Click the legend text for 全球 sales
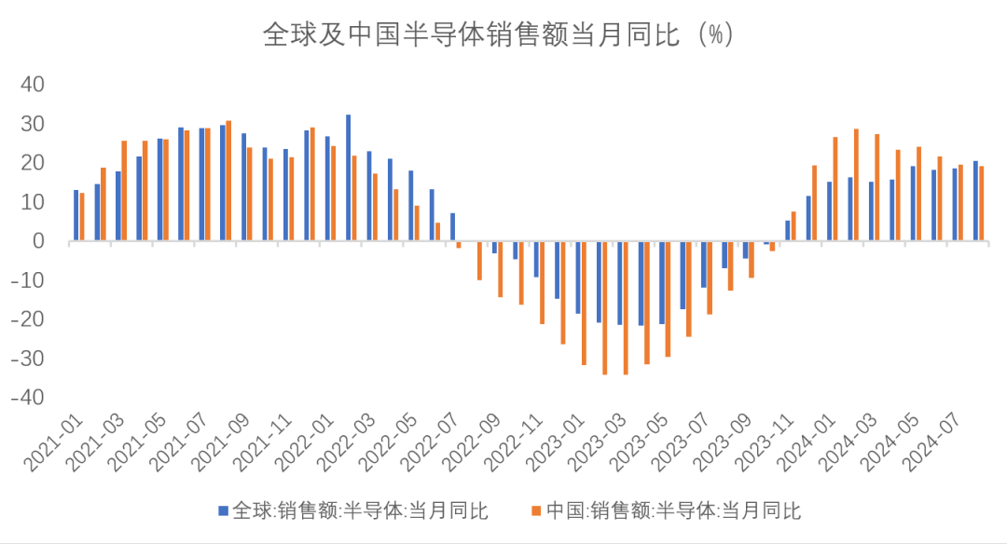point(359,510)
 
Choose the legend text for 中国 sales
point(673,510)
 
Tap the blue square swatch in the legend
point(222,510)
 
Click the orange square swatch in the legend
point(536,510)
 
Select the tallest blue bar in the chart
point(348,178)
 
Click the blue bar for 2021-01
point(76,215)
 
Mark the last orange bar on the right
point(981,204)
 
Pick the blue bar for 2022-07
point(452,227)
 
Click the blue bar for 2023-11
point(788,231)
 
